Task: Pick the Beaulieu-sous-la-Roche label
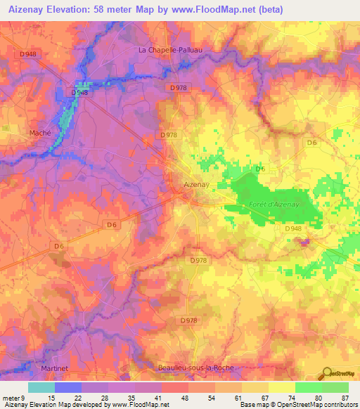point(194,368)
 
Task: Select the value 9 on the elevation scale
point(22,398)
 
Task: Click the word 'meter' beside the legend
point(10,398)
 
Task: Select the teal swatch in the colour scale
point(41,387)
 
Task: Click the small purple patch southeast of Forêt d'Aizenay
point(303,242)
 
